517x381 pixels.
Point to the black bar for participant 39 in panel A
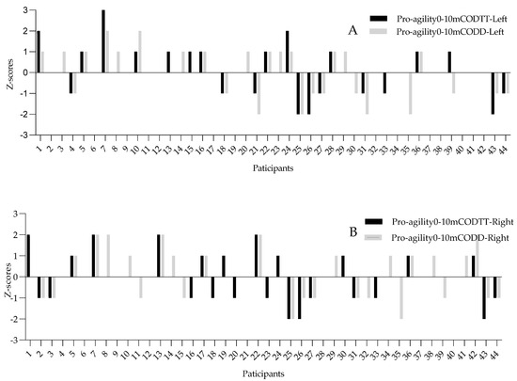pos(449,62)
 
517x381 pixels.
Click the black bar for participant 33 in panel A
pos(384,83)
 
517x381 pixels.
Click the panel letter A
pos(353,29)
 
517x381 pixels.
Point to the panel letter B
pos(352,230)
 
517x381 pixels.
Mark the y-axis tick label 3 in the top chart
pos(14,10)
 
